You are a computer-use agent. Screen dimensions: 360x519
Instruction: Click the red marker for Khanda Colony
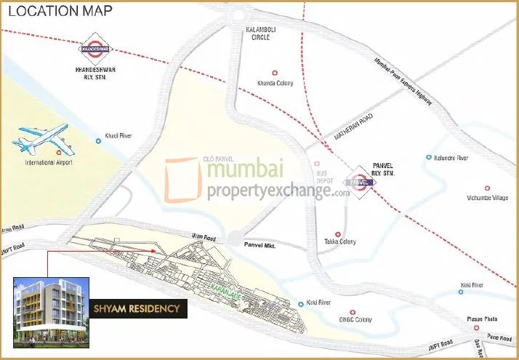[275, 72]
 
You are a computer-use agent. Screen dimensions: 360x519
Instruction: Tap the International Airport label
[49, 162]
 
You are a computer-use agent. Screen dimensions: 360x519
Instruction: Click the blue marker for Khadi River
[100, 140]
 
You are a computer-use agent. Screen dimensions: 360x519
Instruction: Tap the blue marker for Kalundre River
[429, 157]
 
